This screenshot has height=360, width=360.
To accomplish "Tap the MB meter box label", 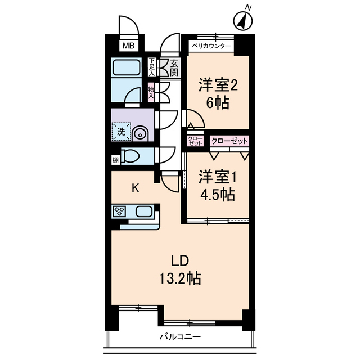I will pyautogui.click(x=129, y=46).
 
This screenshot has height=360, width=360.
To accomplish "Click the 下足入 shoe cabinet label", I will pyautogui.click(x=152, y=67).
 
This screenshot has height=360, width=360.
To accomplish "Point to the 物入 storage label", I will pyautogui.click(x=151, y=92).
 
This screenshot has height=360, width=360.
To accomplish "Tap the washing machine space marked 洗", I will pyautogui.click(x=121, y=133).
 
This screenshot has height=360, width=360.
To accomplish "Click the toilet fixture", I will pyautogui.click(x=130, y=155).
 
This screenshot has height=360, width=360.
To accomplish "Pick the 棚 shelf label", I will pyautogui.click(x=115, y=160).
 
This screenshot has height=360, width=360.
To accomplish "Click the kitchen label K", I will pyautogui.click(x=135, y=188).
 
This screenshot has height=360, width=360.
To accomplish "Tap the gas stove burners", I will pyautogui.click(x=120, y=211).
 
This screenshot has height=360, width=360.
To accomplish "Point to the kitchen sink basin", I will pyautogui.click(x=143, y=212).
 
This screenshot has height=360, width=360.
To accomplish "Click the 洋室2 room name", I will pyautogui.click(x=217, y=85).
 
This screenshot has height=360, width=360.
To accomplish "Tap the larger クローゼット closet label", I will pyautogui.click(x=229, y=141).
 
